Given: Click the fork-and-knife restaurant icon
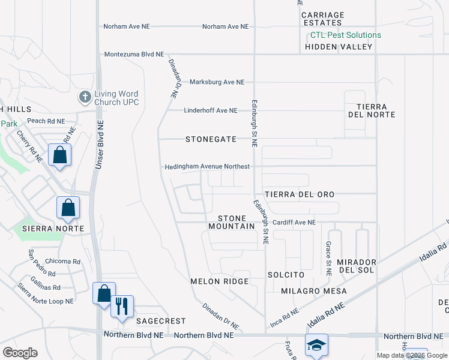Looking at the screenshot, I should [x=122, y=305].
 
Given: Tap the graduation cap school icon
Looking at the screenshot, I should [x=316, y=344].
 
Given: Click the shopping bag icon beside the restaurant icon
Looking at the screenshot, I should [x=104, y=293].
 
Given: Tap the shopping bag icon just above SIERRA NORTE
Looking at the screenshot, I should [x=68, y=208].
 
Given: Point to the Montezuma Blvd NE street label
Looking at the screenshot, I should [x=134, y=54].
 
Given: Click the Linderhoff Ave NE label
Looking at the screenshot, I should [x=210, y=110].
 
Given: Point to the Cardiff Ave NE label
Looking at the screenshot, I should [x=294, y=223].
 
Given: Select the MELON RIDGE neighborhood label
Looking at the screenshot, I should [x=219, y=281].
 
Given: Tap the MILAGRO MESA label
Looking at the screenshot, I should [x=314, y=291].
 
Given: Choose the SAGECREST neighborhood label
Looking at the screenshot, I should [x=160, y=321].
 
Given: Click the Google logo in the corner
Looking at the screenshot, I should [x=20, y=352].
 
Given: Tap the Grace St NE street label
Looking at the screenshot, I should [x=328, y=259].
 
